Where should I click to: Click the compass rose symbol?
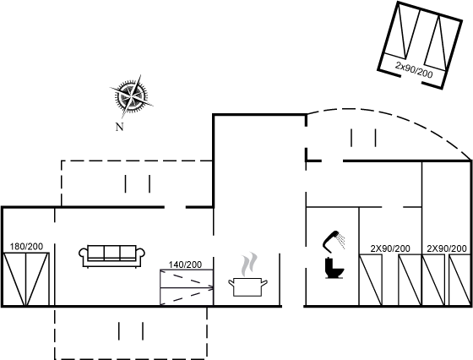coord(131,96)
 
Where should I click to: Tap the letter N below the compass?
coord(120,127)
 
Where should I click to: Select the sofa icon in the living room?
coord(111,257)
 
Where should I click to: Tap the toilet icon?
coord(334,268)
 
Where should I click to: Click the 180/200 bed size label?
coord(26,247)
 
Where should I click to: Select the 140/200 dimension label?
coord(185,265)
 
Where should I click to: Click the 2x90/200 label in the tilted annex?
coord(414,70)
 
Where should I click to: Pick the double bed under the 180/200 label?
coord(26,280)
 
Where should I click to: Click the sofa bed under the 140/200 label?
coord(187,287)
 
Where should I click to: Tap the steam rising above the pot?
coord(249,265)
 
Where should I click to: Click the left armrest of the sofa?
coord(84,253)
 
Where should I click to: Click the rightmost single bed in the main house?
coord(459,280)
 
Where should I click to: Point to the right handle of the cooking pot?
coord(264,283)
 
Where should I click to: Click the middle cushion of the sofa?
coord(111,253)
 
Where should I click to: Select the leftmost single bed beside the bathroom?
coord(371,280)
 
